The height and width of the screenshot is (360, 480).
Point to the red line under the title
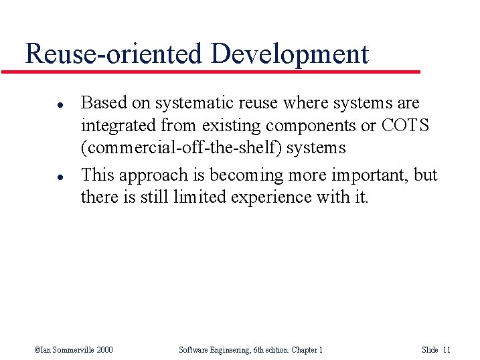(x=214, y=71)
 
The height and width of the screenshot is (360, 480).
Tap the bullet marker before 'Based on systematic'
(x=41, y=104)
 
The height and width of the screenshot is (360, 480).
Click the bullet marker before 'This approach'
(x=41, y=177)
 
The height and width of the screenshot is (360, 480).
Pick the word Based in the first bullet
(x=100, y=103)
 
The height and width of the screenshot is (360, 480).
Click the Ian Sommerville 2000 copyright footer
(x=74, y=349)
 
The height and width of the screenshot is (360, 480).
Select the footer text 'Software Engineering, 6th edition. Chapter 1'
(x=251, y=349)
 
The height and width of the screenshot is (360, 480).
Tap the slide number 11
(x=447, y=349)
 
